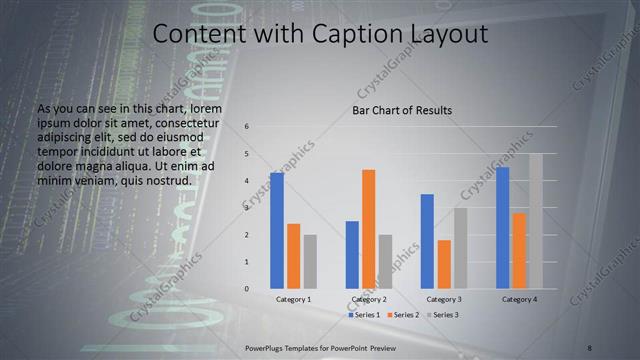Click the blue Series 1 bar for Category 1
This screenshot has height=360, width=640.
(276, 231)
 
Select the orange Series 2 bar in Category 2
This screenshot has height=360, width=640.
(368, 229)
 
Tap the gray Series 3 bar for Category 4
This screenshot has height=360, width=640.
(535, 221)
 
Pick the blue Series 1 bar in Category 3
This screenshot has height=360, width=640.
(427, 241)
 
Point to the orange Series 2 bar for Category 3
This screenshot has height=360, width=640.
(443, 264)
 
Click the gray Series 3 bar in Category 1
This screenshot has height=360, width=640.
(310, 262)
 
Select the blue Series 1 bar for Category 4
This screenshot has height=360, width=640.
(502, 228)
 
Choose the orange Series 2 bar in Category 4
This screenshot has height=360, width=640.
(519, 250)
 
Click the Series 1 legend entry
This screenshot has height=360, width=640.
(364, 315)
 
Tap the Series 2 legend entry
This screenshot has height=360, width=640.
(403, 315)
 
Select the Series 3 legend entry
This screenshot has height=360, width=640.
(441, 315)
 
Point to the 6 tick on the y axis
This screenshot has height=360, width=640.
(246, 127)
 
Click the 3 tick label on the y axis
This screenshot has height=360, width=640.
(246, 208)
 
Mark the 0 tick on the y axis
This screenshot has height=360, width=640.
(246, 289)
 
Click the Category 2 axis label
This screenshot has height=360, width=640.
(369, 300)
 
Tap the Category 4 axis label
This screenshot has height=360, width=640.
(519, 300)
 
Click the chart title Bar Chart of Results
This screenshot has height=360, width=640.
(402, 110)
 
